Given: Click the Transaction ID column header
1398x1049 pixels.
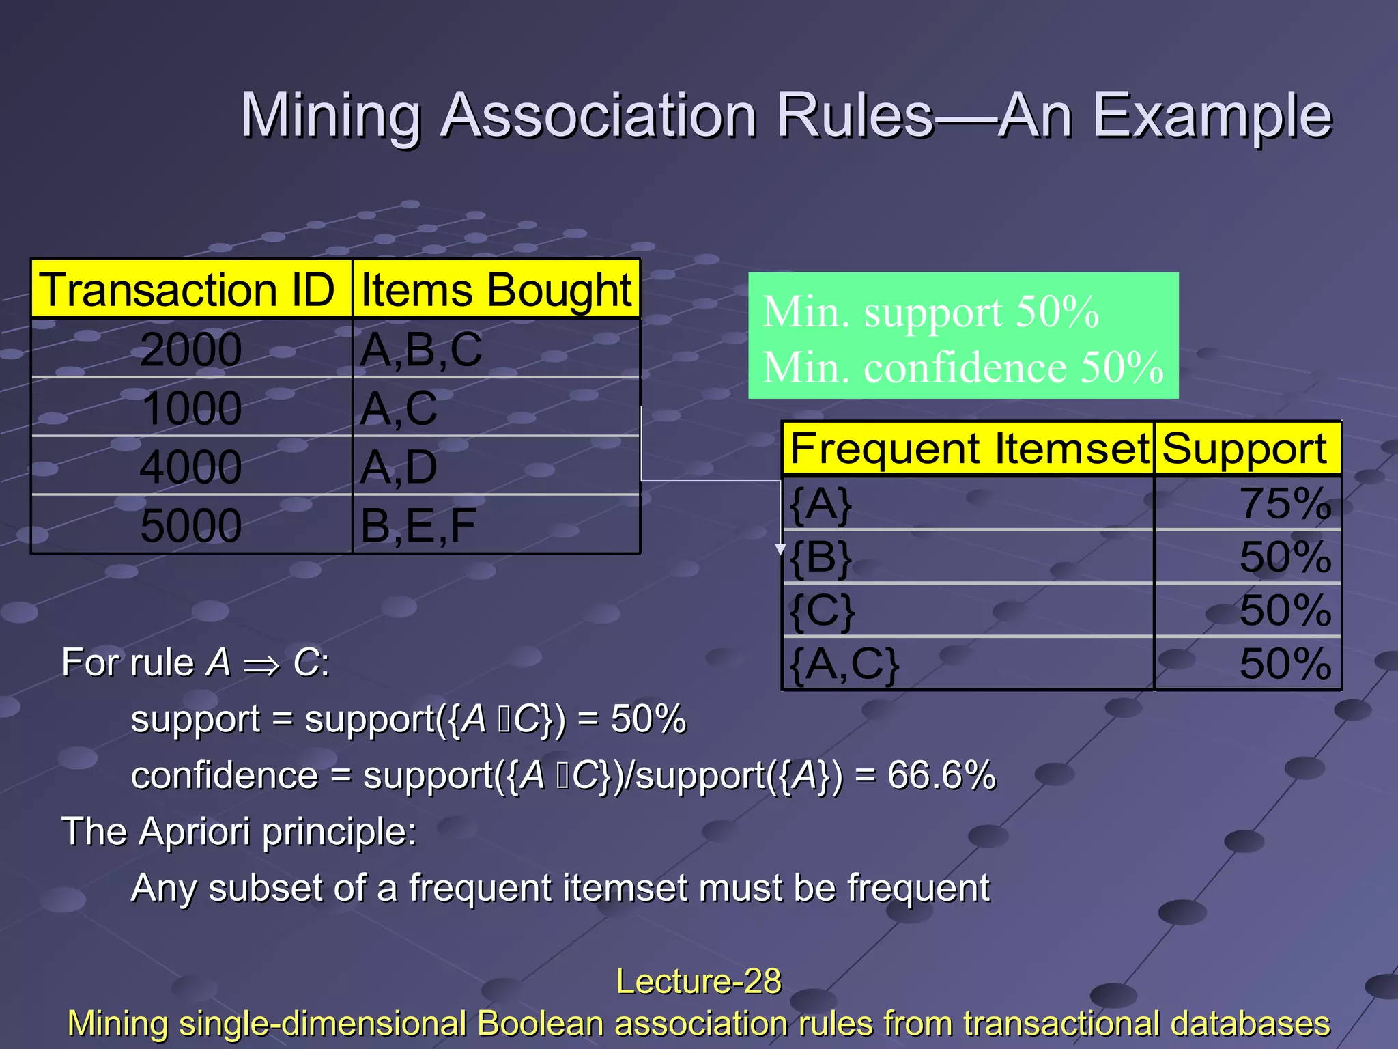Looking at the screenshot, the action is (x=187, y=290).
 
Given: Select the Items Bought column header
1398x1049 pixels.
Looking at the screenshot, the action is (x=496, y=290).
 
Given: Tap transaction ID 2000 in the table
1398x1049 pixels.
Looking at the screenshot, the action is (x=190, y=350).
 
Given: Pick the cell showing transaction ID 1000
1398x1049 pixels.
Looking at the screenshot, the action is (x=191, y=408).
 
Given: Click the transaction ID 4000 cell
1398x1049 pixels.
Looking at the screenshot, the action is (x=190, y=467).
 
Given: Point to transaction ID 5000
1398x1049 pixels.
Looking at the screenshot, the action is (x=190, y=525).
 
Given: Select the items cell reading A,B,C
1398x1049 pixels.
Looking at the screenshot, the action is (x=421, y=350).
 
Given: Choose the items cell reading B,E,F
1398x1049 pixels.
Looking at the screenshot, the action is (x=418, y=525).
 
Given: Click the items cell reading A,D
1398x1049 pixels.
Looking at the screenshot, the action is (x=399, y=467).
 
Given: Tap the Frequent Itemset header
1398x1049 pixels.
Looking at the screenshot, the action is (x=969, y=449).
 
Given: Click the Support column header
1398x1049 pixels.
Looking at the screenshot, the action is (x=1244, y=449).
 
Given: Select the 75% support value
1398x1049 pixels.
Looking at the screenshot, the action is (x=1285, y=503).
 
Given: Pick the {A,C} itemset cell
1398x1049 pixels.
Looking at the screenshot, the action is (x=844, y=663).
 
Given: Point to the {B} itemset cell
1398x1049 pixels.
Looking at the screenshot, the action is (x=821, y=557).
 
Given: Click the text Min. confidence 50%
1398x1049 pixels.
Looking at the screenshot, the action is (x=962, y=367).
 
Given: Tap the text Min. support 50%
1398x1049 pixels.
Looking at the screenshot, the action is (x=930, y=312).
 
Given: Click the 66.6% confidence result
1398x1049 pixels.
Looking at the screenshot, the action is (x=941, y=776).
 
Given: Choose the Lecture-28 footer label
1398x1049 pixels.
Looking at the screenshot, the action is (x=698, y=981).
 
